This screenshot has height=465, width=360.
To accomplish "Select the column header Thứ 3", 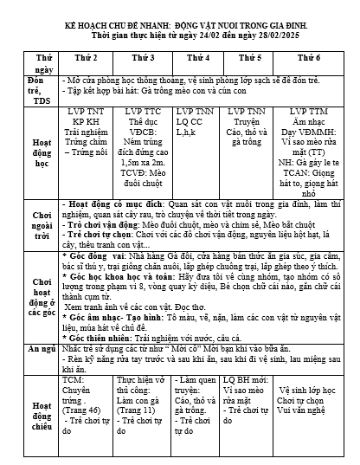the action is tap(143, 56).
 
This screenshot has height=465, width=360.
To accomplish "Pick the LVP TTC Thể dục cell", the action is tap(143, 139).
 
